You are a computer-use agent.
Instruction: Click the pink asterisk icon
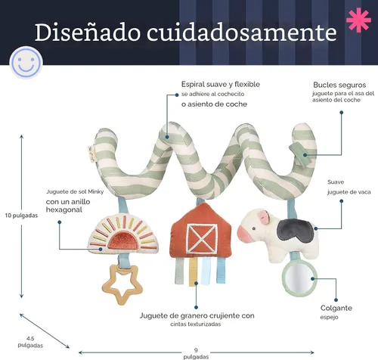[x=358, y=20]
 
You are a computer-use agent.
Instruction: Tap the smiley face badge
[x=26, y=62]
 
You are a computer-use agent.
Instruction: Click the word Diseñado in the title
[x=88, y=33]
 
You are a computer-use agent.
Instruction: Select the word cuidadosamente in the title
[x=242, y=33]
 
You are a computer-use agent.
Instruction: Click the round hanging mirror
[x=299, y=278]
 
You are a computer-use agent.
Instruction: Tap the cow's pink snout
[x=243, y=233]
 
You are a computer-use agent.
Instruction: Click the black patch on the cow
[x=295, y=229]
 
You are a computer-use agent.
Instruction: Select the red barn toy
[x=200, y=231]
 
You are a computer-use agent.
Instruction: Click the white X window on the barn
[x=202, y=238]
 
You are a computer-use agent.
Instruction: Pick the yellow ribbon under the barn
[x=193, y=272]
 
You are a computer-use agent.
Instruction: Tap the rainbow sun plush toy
[x=123, y=234]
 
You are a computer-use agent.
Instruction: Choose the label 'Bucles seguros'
[x=339, y=85]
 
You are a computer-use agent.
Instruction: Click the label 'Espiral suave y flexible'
[x=221, y=84]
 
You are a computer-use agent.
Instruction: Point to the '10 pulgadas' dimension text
[x=21, y=216]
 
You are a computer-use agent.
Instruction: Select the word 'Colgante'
[x=336, y=308]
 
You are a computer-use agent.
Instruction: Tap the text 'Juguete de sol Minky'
[x=75, y=191]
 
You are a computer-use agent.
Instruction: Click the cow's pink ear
[x=265, y=217]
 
